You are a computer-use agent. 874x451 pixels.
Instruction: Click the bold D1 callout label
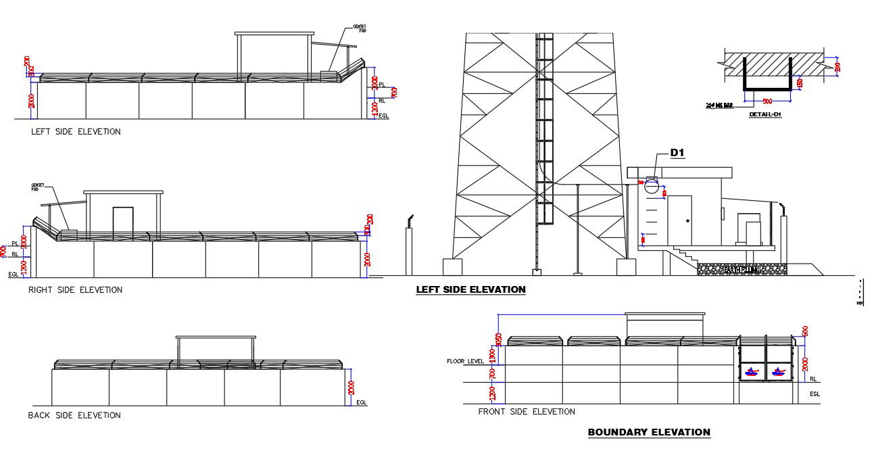(x=677, y=153)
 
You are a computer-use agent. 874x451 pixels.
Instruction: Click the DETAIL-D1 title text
(x=765, y=115)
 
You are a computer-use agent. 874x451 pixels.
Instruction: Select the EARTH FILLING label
(x=742, y=270)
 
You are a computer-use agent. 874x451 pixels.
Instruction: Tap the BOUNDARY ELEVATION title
(x=649, y=432)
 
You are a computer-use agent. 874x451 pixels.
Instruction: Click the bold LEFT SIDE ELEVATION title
(x=470, y=289)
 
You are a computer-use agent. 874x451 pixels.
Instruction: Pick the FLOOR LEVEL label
(x=465, y=361)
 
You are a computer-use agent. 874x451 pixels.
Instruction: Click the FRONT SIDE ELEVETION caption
(x=527, y=411)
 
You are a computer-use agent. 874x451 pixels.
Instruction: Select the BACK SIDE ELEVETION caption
(x=74, y=415)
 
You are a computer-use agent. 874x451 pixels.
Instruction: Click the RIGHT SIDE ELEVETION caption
(x=75, y=290)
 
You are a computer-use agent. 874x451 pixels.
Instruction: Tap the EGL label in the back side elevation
(x=362, y=403)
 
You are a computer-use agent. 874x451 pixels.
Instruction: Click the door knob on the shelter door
(x=687, y=221)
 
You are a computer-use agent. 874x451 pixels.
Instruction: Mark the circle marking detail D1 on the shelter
(x=652, y=185)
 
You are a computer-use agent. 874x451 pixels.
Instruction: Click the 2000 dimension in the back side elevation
(x=351, y=388)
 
